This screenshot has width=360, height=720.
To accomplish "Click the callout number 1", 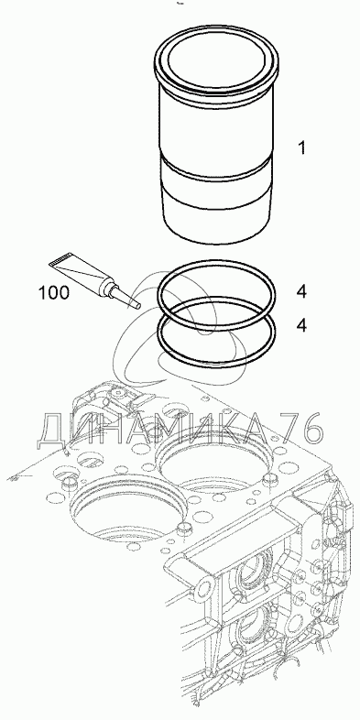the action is [x=301, y=148].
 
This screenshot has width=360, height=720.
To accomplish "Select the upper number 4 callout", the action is [x=301, y=291].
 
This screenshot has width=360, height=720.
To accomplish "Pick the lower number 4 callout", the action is [x=301, y=325].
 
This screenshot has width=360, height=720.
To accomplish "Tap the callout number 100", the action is [x=54, y=292].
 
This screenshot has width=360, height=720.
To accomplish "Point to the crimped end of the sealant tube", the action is [x=60, y=260].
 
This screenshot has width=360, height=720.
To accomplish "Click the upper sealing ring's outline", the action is [x=217, y=262].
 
